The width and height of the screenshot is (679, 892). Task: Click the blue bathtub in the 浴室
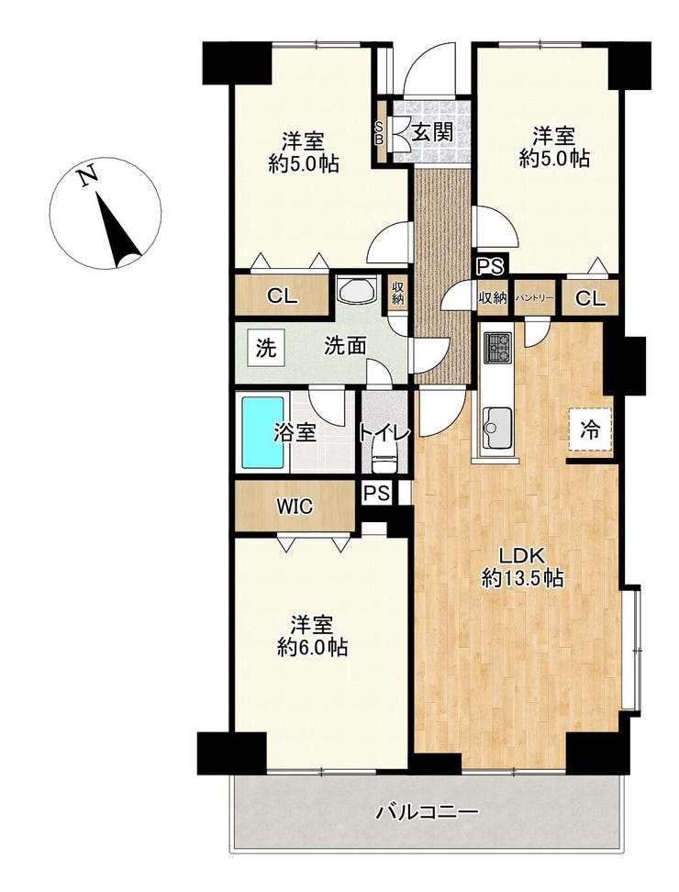pos(262,432)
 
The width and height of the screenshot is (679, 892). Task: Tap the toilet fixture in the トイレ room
pos(384,459)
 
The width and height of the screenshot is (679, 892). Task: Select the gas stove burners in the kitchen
pos(497,347)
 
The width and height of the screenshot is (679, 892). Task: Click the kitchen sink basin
pos(497,428)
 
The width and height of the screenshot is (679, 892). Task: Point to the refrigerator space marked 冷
pos(591,430)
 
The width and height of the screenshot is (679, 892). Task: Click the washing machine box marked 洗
pos(265,348)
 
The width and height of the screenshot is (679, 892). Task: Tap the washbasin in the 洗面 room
pos(357,289)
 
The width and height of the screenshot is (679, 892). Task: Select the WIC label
pos(295,506)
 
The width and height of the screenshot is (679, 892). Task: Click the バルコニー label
pos(427,810)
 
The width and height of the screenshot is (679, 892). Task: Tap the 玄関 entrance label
pos(432,132)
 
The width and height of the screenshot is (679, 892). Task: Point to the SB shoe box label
pos(379,132)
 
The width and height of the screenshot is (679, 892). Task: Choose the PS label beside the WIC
pos(376,493)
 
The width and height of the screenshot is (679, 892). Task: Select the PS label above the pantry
pos(489,266)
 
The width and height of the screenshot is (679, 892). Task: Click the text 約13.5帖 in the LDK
pos(523,578)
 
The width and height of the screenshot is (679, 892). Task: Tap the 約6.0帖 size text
pos(312,647)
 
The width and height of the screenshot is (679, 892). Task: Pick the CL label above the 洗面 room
pos(282,295)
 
